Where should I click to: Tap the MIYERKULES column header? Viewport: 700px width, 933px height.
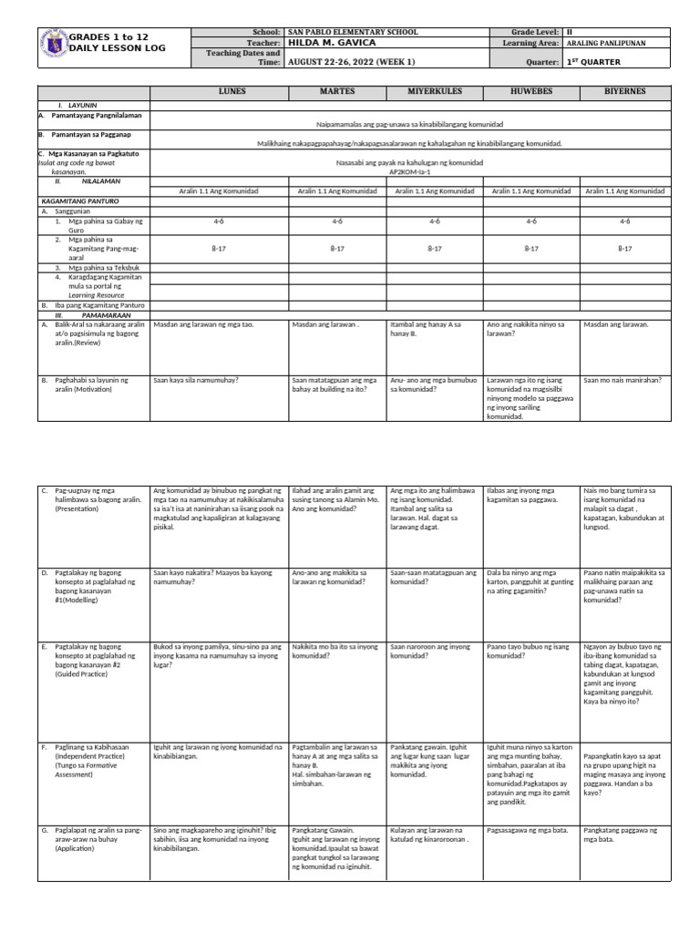coord(434,93)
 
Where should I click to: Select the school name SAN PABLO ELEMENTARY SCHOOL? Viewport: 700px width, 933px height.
coord(353,32)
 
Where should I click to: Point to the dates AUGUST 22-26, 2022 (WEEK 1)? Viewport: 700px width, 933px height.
coord(351,61)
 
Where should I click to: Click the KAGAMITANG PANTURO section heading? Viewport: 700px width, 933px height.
coord(79,200)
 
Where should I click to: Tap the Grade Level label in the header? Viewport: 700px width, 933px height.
coord(530,32)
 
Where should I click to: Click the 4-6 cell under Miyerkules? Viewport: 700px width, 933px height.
coord(434,220)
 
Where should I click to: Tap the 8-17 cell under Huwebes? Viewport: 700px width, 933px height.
coord(531,247)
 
